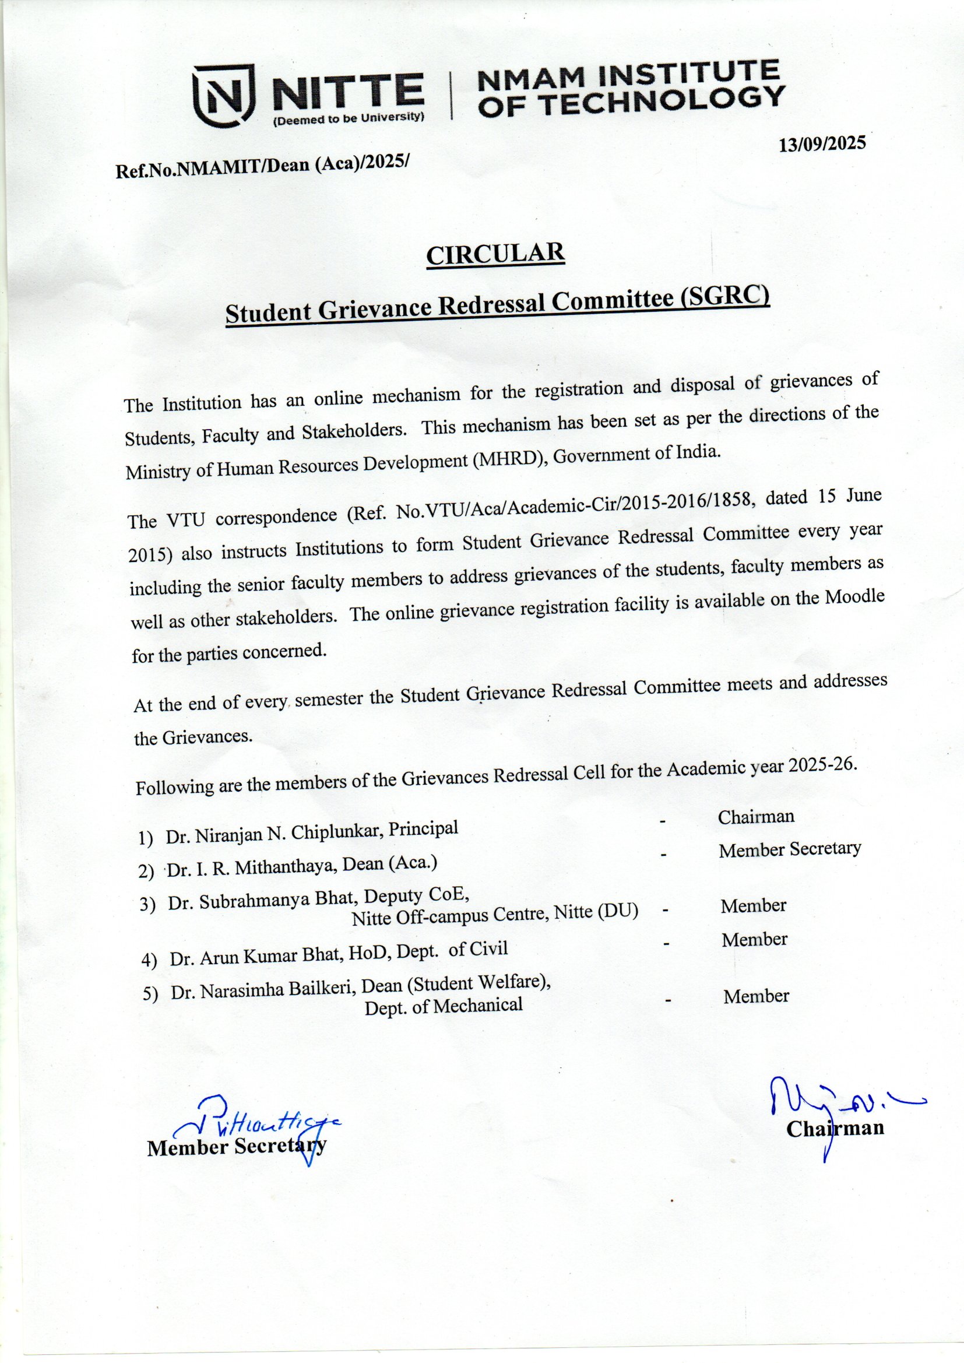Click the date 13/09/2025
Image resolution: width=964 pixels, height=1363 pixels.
(822, 143)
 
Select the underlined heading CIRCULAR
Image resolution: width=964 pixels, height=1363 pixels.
(495, 254)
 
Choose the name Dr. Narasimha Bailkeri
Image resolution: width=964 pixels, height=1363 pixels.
(263, 990)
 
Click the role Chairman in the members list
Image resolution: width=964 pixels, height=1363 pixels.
(756, 817)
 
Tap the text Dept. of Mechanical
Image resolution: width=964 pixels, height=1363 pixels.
(444, 1006)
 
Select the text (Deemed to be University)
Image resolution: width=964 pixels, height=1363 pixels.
(348, 118)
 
